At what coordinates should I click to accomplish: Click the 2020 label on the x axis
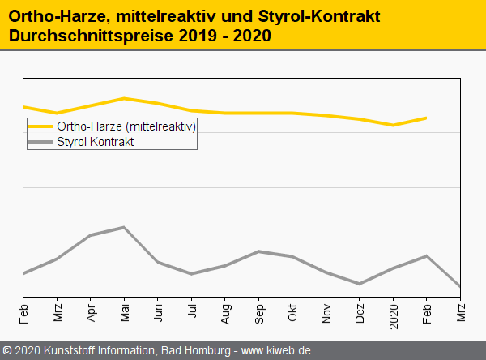coord(394,312)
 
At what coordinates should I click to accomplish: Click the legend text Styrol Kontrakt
coord(95,141)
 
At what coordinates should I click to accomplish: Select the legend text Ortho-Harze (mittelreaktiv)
coord(126,126)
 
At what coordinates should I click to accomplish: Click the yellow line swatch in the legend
coord(40,126)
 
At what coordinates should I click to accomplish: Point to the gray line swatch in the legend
coord(40,141)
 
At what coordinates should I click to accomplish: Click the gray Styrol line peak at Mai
coord(124,227)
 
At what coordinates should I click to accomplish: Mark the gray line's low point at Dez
coord(360,284)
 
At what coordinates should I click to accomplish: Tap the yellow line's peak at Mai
coord(124,98)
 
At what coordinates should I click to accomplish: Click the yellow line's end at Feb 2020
coord(427,118)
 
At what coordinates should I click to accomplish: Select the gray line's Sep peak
coord(258,251)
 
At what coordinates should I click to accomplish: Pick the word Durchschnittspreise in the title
coord(79,36)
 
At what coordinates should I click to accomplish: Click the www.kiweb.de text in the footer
coord(276,351)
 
